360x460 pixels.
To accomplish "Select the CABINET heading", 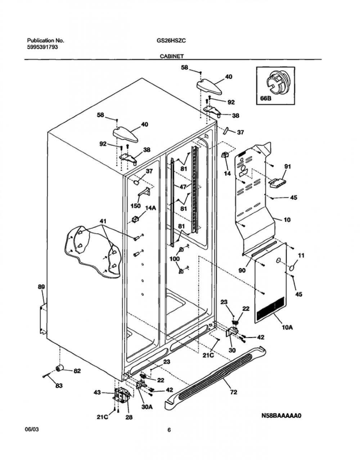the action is pyautogui.click(x=172, y=56).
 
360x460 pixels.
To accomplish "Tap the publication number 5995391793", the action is pyautogui.click(x=42, y=47).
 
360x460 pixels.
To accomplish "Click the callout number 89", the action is pyautogui.click(x=41, y=287).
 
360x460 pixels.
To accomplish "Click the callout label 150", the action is pyautogui.click(x=135, y=206).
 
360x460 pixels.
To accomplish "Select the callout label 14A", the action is pyautogui.click(x=150, y=208).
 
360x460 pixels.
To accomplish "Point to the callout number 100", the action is pyautogui.click(x=175, y=259).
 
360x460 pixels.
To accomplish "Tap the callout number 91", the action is pyautogui.click(x=288, y=167).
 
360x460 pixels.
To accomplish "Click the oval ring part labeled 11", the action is pyautogui.click(x=293, y=268).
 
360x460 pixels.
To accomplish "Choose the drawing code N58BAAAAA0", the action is pyautogui.click(x=281, y=415).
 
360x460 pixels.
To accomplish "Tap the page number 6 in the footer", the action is pyautogui.click(x=169, y=430).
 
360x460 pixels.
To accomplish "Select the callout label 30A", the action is pyautogui.click(x=147, y=407).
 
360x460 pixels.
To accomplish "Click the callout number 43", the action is pyautogui.click(x=97, y=392).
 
